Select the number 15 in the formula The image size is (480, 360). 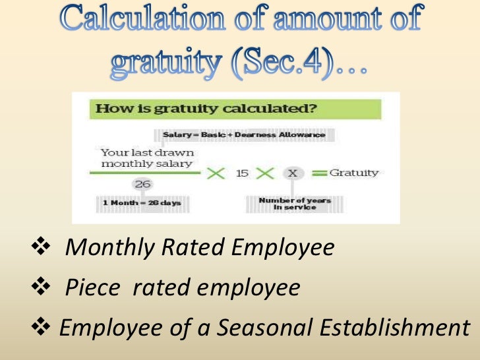[x=242, y=173]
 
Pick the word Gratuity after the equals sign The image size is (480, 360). [x=354, y=173]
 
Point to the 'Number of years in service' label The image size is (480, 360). [x=295, y=203]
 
